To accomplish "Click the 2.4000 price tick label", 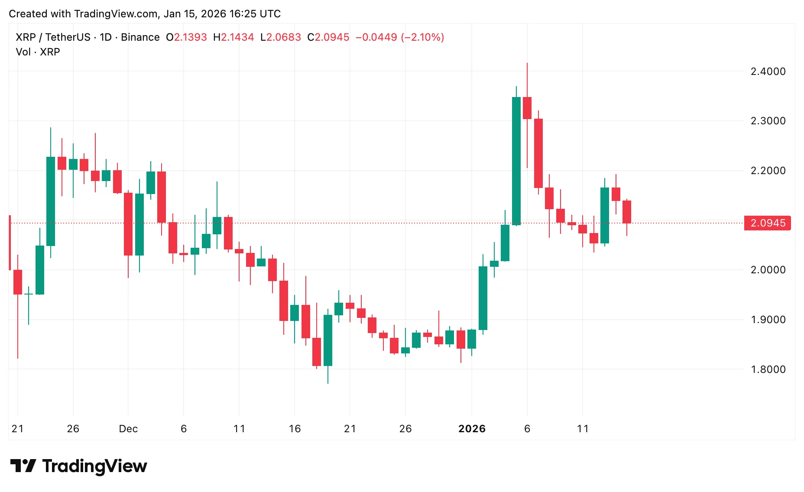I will (768, 71).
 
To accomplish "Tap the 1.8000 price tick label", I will (768, 369).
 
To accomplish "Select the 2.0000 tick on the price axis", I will (768, 270).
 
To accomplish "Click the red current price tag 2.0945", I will (767, 223).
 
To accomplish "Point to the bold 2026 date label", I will (472, 429).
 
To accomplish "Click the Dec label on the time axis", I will (128, 429).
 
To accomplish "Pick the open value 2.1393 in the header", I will (191, 37).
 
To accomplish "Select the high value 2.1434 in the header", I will (237, 37).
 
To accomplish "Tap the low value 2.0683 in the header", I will (284, 37).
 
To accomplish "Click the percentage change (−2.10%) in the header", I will (423, 37).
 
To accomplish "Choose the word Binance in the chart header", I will (140, 37).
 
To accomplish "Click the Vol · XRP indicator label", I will (38, 52).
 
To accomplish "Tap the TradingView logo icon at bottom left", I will (23, 466).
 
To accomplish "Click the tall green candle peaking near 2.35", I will (516, 160).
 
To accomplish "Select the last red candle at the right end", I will (627, 212).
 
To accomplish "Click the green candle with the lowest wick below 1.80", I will (328, 340).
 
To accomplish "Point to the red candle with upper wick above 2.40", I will (527, 108).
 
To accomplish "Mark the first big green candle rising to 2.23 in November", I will (51, 201).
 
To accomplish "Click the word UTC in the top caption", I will (270, 14).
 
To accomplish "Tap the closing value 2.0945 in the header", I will (332, 37).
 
